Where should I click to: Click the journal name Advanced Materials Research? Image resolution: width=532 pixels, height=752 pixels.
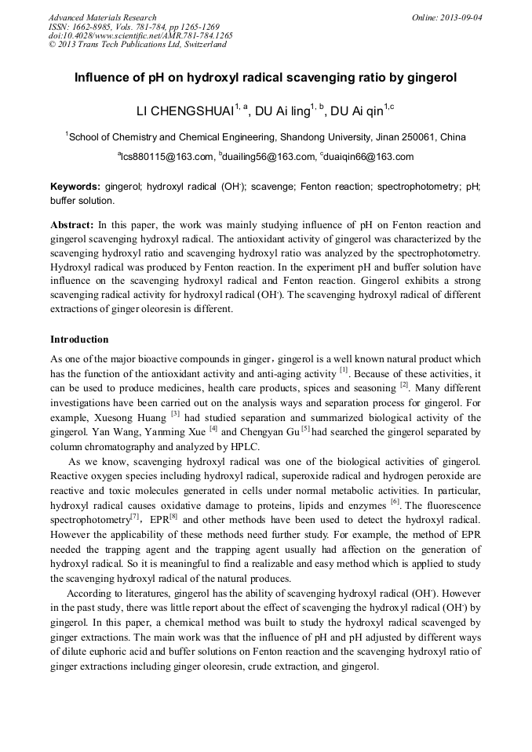point(102,17)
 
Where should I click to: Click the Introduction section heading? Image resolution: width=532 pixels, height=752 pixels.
point(79,340)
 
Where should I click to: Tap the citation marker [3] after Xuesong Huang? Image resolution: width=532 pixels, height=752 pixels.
point(175,414)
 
